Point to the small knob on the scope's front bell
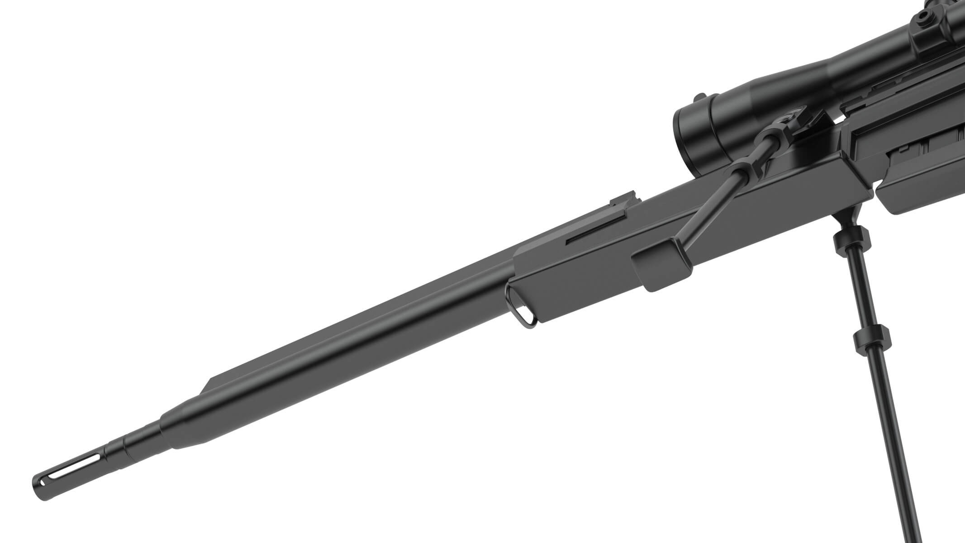click(700, 96)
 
